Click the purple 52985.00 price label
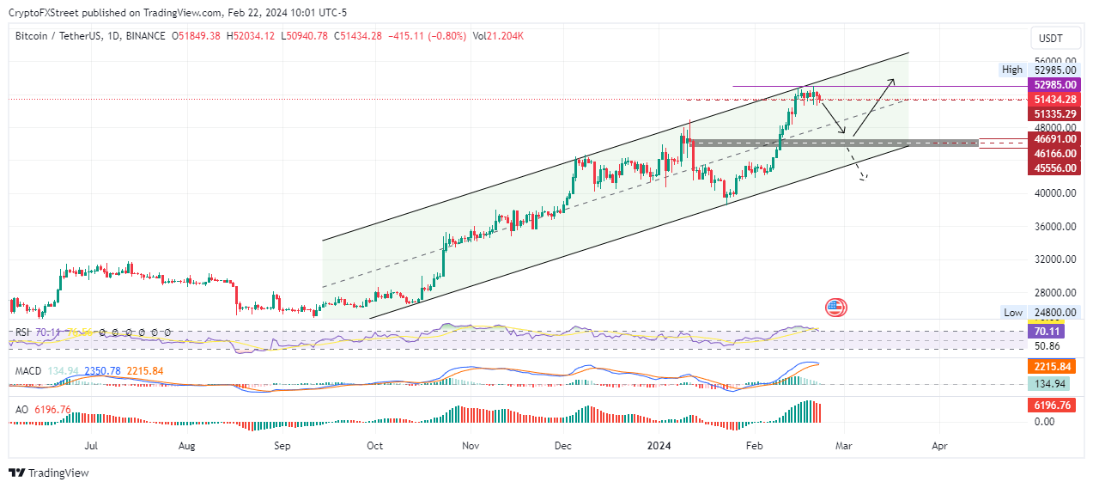point(1055,85)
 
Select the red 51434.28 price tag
point(1055,100)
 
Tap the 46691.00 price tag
point(1055,138)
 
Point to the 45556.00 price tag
point(1055,168)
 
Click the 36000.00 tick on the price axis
point(1055,227)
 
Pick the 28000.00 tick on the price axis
point(1055,292)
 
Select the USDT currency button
point(1050,39)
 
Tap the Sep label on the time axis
point(282,447)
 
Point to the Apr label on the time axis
point(939,447)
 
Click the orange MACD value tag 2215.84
point(1055,366)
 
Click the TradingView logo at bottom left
point(49,473)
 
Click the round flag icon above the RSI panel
point(835,308)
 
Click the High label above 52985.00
point(1012,70)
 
